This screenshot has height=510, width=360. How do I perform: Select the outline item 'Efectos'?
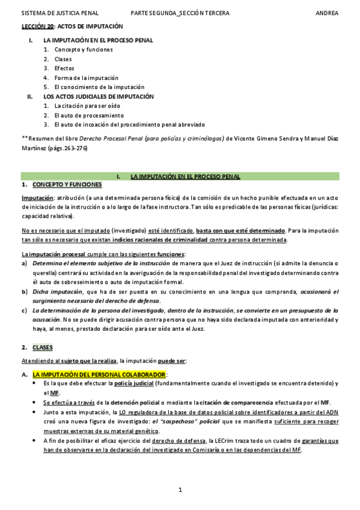coord(65,68)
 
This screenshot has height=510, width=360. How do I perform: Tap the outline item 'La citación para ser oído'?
coord(87,105)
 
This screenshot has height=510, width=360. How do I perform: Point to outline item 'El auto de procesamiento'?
coord(88,115)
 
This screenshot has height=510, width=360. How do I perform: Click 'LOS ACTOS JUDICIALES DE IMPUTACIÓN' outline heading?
coord(99,96)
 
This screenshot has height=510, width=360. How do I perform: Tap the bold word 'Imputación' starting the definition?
coord(37,197)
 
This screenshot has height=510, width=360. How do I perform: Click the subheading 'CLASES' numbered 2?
coord(43,348)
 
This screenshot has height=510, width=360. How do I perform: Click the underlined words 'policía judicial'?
coord(133,383)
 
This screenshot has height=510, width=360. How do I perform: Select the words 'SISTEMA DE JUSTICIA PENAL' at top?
coord(60,13)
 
